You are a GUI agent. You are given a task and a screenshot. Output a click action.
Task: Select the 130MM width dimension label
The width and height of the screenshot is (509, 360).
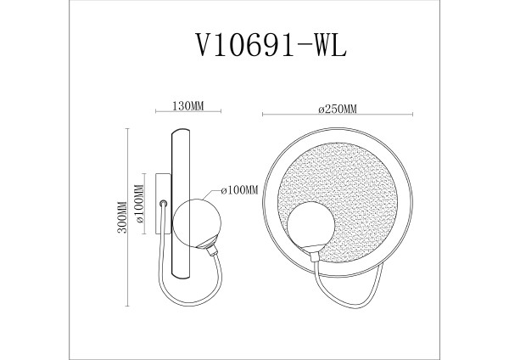187,106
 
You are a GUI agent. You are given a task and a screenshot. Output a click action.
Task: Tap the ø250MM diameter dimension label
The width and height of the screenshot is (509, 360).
337,107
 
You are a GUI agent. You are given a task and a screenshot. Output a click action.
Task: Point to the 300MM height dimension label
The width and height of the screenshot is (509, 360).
121,217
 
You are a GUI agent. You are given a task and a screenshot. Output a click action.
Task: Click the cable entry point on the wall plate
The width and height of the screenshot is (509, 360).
162,204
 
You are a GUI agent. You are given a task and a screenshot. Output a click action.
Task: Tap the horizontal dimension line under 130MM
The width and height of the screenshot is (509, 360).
187,114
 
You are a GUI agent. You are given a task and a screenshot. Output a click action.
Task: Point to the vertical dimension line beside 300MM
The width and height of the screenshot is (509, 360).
127,217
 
